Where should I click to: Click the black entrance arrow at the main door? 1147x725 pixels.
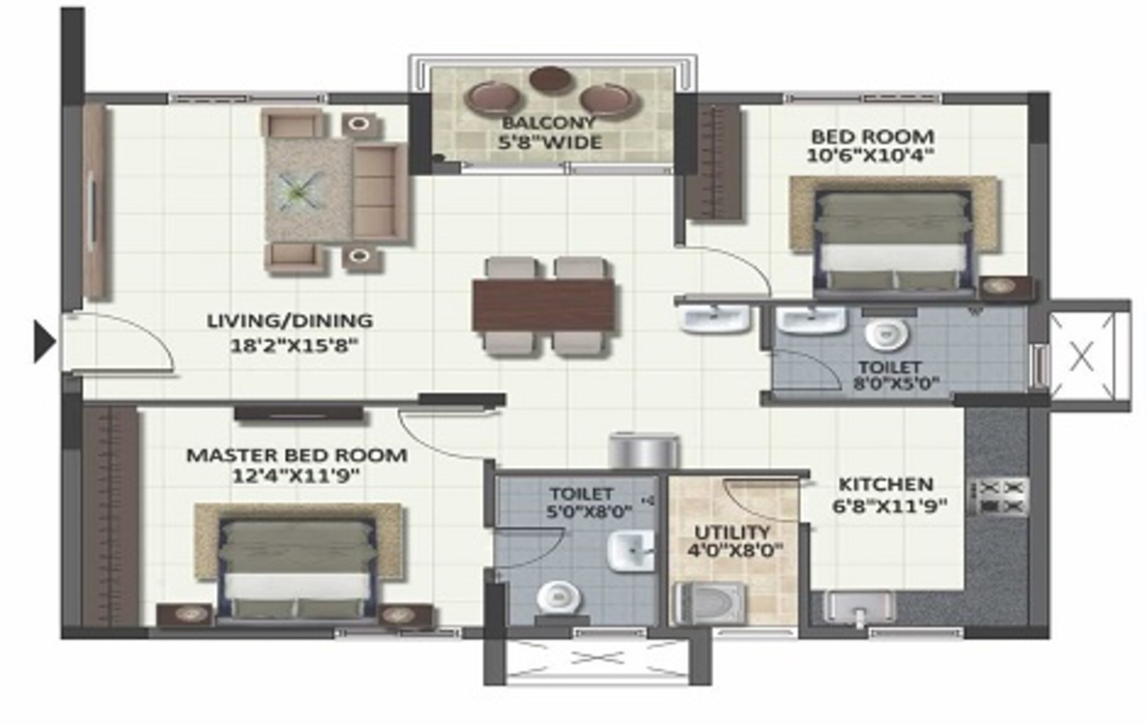(x=44, y=341)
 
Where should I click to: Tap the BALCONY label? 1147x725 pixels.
(x=549, y=123)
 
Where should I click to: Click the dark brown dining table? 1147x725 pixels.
(x=544, y=305)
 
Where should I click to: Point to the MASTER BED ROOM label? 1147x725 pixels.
(x=296, y=455)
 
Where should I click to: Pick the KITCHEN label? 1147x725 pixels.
(x=886, y=484)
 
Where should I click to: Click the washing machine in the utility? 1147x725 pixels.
(x=709, y=603)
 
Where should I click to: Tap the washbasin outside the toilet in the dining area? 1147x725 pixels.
(x=715, y=318)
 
